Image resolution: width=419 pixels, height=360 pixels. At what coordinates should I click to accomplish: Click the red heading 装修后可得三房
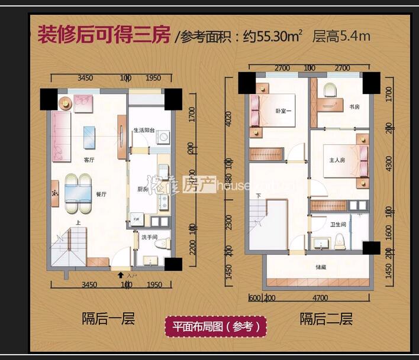coord(104,35)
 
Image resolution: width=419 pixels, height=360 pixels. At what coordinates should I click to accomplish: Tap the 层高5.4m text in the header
coord(341,36)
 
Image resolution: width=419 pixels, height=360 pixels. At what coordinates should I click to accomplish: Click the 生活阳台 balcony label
coord(144,130)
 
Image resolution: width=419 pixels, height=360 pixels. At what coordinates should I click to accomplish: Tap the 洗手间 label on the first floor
coord(149,237)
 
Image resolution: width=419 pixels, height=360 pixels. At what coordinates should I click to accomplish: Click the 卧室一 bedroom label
coord(283,111)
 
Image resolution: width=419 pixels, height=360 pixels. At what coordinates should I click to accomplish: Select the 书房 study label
coord(354,107)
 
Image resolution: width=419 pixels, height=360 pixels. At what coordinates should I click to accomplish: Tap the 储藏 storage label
coord(320,267)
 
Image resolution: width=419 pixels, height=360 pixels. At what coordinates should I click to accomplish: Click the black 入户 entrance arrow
coord(121,275)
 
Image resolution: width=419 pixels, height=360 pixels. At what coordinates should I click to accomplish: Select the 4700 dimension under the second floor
coord(320,298)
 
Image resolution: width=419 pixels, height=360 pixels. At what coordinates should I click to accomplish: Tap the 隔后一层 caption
coord(108,320)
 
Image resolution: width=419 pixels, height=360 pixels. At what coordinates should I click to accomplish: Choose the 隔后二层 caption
coord(326,320)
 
